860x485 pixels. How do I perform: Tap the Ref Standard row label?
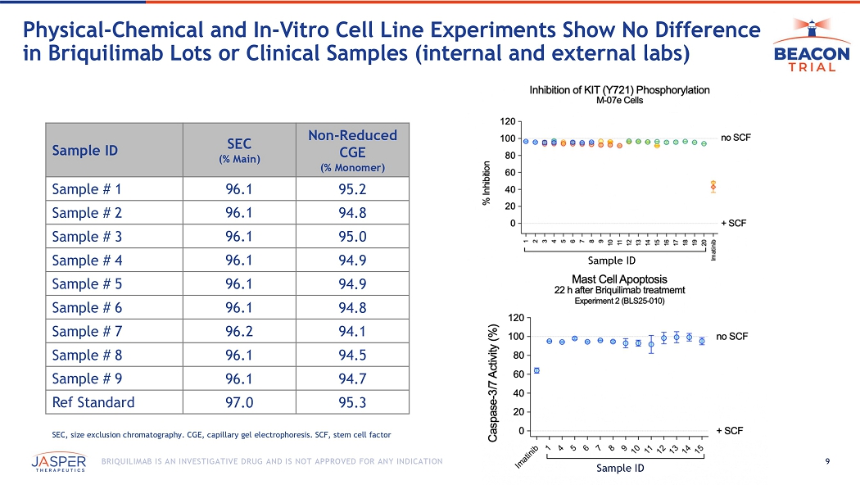tap(93, 402)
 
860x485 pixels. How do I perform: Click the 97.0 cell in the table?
tap(238, 402)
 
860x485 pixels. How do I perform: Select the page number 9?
tap(829, 461)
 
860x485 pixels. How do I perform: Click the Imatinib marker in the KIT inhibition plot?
tap(713, 186)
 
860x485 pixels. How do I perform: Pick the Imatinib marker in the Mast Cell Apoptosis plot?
tap(536, 370)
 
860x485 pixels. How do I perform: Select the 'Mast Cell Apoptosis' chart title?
tap(619, 279)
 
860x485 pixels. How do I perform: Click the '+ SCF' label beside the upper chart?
tap(734, 223)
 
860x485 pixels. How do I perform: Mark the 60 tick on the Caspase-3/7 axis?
tap(518, 374)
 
